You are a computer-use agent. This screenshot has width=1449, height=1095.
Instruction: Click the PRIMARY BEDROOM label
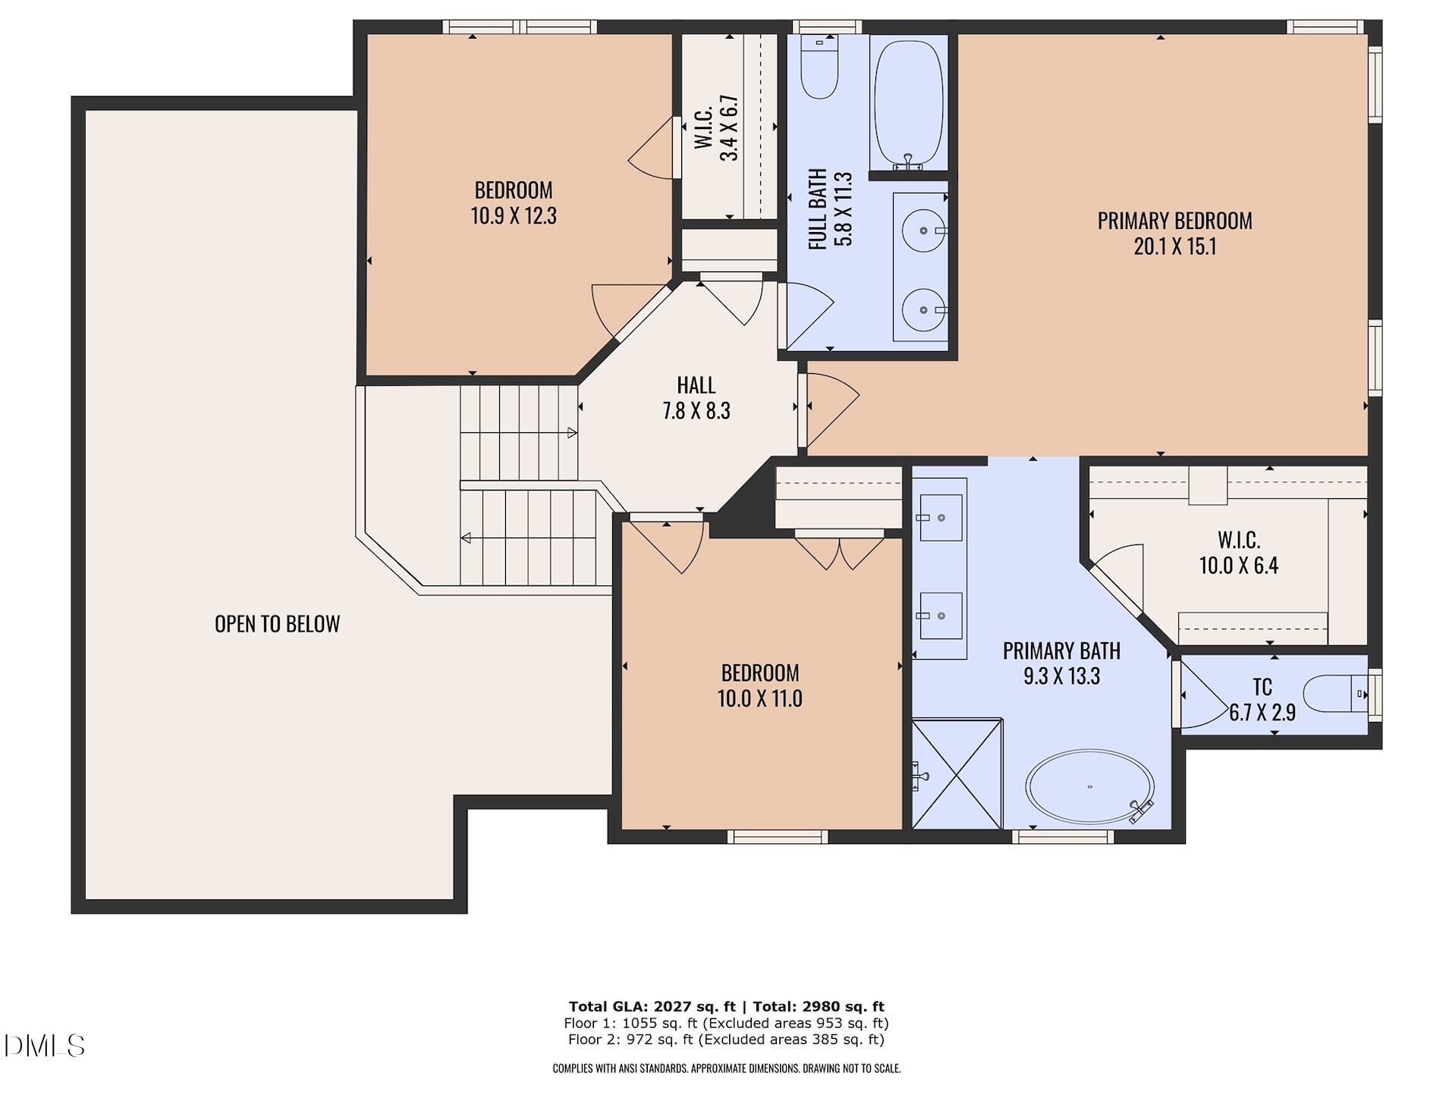point(1174,221)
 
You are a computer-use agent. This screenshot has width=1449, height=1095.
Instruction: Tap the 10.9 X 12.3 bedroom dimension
point(514,216)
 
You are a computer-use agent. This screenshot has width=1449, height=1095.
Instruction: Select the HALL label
point(696,385)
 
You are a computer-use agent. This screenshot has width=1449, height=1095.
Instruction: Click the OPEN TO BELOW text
point(278,624)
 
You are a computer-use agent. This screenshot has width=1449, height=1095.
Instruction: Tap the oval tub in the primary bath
point(1090,787)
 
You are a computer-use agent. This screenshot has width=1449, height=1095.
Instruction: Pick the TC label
point(1262,687)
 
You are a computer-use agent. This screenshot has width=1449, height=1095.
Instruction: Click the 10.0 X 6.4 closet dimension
point(1239,566)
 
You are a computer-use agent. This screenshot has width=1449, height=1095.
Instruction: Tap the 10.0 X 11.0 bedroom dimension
point(760,698)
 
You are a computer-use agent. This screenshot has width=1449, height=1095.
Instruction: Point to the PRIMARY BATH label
point(1061,651)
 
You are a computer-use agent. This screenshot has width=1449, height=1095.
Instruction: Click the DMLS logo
point(44,1046)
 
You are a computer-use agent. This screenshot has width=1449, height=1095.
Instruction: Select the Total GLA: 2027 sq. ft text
point(652,1007)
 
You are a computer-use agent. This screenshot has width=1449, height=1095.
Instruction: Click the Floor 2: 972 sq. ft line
point(726,1040)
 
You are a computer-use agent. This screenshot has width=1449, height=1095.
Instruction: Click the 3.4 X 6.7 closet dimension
point(729,127)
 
